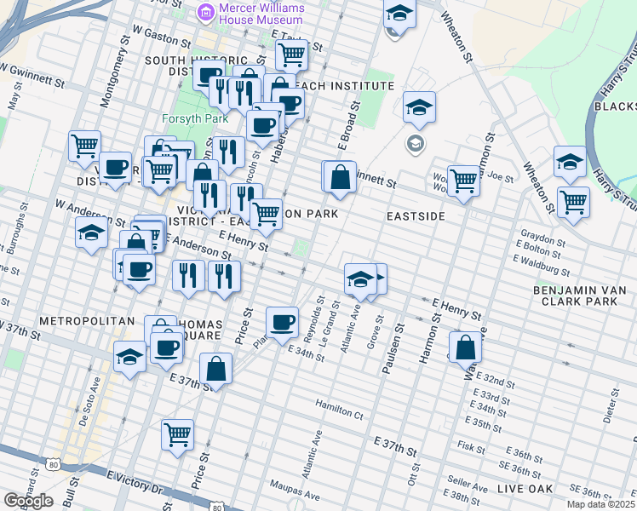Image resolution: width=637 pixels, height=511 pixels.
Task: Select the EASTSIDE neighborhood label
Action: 416,217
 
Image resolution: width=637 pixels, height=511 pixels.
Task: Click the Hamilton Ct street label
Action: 339,411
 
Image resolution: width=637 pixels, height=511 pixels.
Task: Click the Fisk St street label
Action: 470,445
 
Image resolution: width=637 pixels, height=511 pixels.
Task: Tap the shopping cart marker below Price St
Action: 177,433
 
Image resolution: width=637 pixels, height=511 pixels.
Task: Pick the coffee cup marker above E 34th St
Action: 282,322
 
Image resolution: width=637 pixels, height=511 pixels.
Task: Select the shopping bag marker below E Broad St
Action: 340,176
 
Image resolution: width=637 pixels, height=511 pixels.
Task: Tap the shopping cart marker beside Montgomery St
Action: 84,146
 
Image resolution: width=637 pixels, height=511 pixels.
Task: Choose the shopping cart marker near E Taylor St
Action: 291,55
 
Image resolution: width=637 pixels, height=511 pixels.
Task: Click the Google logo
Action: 28,501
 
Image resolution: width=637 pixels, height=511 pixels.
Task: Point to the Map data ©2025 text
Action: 600,504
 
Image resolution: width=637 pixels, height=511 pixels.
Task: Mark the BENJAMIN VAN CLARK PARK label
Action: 579,296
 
